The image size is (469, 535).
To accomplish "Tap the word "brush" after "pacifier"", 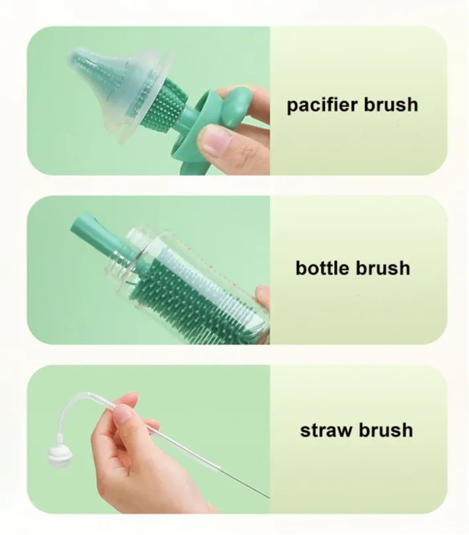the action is click(391, 104).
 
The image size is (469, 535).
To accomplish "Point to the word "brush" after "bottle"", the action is click(383, 268).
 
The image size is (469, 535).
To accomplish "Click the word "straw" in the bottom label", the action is click(326, 431).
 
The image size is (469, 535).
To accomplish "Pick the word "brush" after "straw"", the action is click(386, 430).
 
